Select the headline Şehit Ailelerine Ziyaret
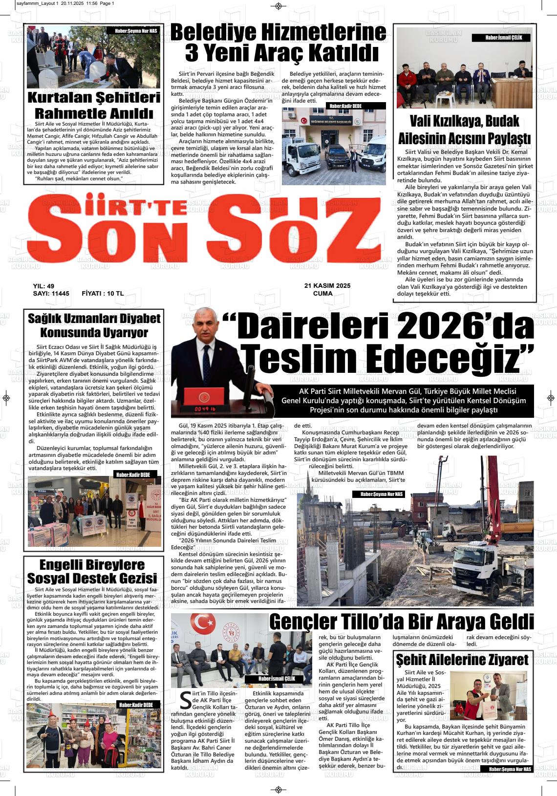462,660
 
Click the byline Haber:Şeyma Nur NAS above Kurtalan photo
136,31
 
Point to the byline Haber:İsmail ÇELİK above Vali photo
501,38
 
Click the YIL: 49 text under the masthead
44,286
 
